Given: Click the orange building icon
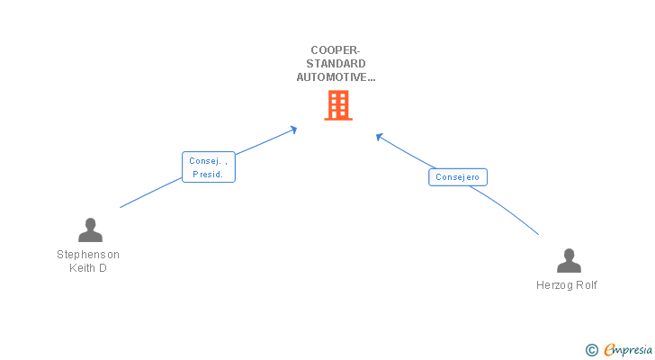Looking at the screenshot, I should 337,106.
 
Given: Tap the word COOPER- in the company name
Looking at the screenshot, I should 336,50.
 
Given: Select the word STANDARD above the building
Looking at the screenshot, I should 336,64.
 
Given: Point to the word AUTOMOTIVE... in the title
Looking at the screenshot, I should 336,77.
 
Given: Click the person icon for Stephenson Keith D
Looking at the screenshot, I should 90,230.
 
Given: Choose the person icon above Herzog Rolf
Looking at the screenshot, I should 569,261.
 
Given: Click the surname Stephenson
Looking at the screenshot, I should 88,255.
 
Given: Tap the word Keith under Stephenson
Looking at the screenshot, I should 83,268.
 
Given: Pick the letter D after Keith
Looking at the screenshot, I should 103,268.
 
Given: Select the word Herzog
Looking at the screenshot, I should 553,285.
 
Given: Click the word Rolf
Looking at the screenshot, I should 586,285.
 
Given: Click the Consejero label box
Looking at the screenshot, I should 458,177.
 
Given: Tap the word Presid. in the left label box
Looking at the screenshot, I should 208,175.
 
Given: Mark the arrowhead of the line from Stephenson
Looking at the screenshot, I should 293,130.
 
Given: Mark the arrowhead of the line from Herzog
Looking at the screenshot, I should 380,137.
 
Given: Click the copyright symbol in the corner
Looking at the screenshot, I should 591,349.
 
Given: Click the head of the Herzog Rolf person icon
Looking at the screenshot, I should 569,255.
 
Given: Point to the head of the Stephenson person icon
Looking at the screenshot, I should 90,224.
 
